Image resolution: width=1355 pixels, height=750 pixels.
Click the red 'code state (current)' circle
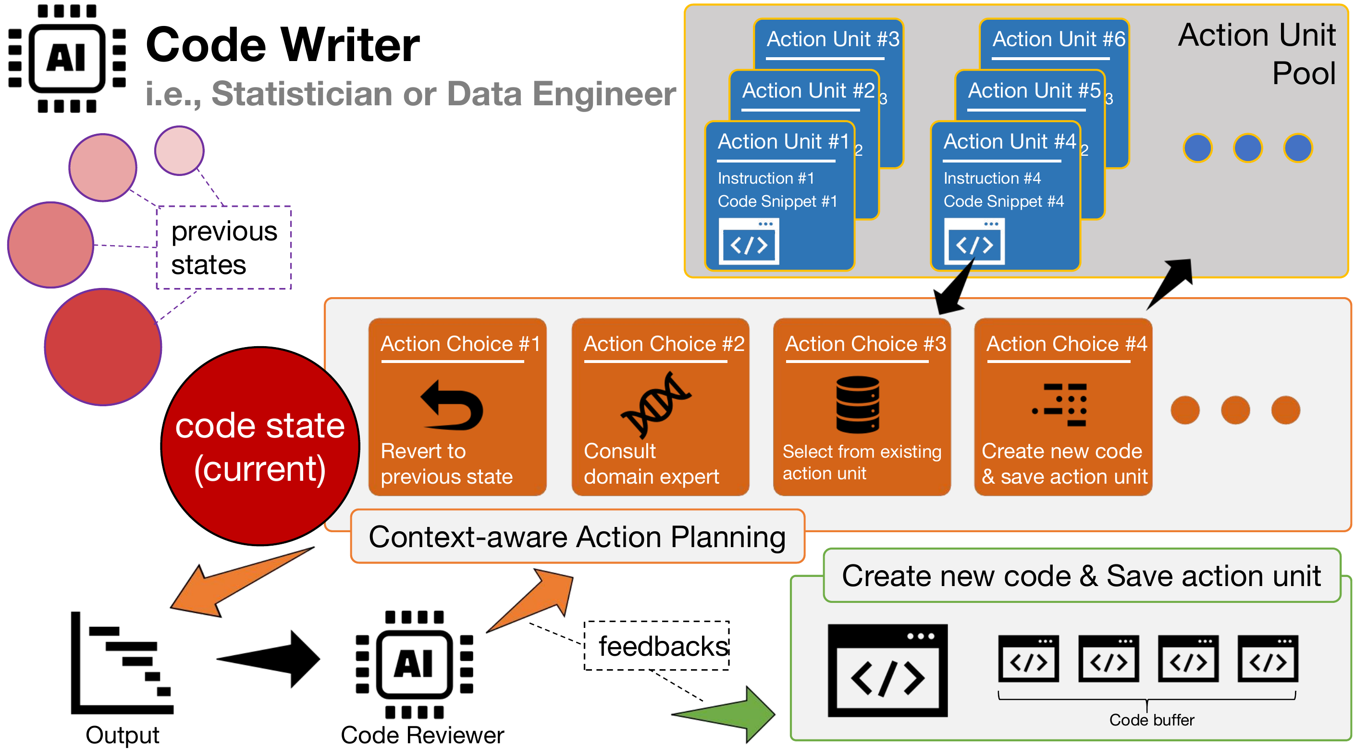(x=260, y=446)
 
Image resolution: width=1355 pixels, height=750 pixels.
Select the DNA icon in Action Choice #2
(x=655, y=404)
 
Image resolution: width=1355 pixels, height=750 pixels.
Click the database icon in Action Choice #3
(x=857, y=404)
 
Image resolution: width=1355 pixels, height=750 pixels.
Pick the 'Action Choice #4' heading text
(x=1066, y=344)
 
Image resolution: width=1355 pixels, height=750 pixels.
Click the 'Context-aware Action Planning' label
(x=577, y=537)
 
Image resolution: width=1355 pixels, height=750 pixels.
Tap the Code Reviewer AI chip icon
(x=415, y=664)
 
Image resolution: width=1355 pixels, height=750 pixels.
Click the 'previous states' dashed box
(x=224, y=248)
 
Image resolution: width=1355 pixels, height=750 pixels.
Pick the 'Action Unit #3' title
(x=833, y=39)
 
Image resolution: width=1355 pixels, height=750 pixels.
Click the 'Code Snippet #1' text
(x=777, y=201)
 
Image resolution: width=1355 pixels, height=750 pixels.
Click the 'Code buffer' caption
(x=1151, y=720)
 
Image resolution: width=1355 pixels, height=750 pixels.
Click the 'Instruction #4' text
(x=992, y=178)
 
